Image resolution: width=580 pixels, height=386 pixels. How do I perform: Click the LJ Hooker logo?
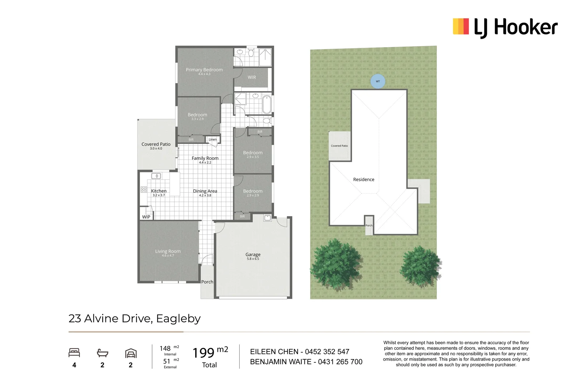pyautogui.click(x=505, y=27)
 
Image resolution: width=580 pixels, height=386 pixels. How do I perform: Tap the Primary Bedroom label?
pyautogui.click(x=204, y=70)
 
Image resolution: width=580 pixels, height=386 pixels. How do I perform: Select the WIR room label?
pyautogui.click(x=252, y=77)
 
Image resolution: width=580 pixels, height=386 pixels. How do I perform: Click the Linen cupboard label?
pyautogui.click(x=213, y=139)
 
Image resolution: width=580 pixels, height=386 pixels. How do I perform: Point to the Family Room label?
pyautogui.click(x=205, y=158)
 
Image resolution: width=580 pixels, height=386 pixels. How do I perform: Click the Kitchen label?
pyautogui.click(x=159, y=191)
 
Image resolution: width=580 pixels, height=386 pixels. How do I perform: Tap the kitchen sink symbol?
pyautogui.click(x=156, y=176)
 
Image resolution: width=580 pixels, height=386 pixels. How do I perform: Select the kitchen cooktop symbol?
pyautogui.click(x=144, y=189)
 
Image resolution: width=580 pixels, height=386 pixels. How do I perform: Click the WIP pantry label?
pyautogui.click(x=146, y=217)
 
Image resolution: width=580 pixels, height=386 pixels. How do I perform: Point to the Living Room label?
pyautogui.click(x=168, y=251)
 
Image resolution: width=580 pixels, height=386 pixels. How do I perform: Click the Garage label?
pyautogui.click(x=253, y=254)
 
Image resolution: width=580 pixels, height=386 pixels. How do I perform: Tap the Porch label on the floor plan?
pyautogui.click(x=207, y=282)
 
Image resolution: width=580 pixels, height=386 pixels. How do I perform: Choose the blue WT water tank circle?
pyautogui.click(x=378, y=81)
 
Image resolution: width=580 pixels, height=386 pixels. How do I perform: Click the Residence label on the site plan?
pyautogui.click(x=364, y=179)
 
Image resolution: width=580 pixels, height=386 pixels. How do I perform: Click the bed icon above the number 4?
pyautogui.click(x=74, y=353)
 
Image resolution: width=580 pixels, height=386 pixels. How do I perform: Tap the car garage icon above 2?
pyautogui.click(x=131, y=353)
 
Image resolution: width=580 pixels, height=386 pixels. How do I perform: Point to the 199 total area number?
pyautogui.click(x=204, y=353)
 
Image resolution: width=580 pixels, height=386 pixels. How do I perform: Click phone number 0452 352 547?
pyautogui.click(x=327, y=352)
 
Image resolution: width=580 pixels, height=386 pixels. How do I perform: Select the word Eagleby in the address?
pyautogui.click(x=178, y=318)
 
